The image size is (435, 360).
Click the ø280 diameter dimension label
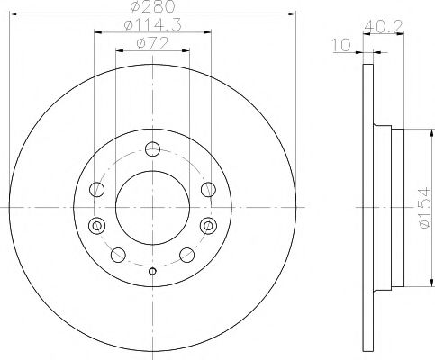pos(152,8)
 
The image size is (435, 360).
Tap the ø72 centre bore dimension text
pos(152,43)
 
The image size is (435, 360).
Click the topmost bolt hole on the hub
pos(153,149)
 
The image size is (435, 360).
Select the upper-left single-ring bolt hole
pos(98,188)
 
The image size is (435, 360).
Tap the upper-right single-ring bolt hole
pos(208,188)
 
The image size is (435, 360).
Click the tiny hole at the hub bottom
pos(153,272)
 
